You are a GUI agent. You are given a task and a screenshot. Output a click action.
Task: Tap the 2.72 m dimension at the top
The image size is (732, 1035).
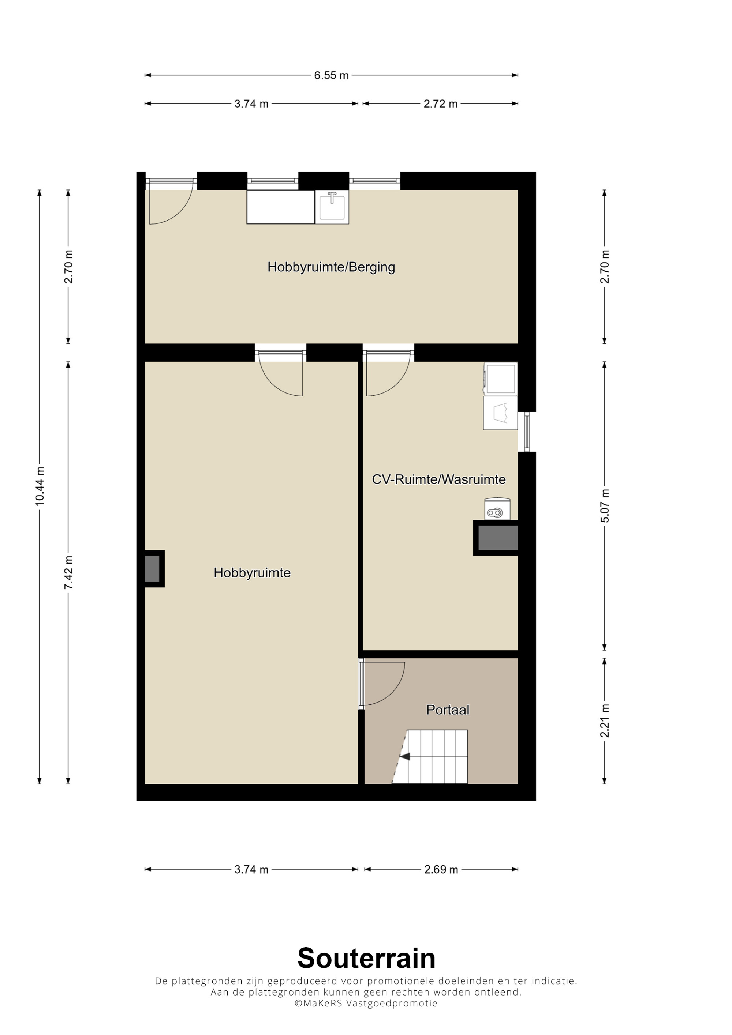(440, 103)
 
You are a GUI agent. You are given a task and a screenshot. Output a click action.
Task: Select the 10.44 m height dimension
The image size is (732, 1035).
(40, 486)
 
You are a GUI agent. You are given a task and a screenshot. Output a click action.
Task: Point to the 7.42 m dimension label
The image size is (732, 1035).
(68, 572)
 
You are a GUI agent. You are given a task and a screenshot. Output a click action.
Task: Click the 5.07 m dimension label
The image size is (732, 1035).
(604, 506)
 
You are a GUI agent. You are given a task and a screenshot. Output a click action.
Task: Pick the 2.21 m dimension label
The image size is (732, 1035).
(604, 720)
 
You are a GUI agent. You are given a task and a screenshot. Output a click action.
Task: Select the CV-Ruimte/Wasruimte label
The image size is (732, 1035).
(438, 479)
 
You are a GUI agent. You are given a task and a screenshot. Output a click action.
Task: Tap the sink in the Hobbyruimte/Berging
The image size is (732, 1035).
(332, 207)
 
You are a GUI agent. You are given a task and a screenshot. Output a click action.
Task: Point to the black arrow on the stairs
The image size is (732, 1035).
(405, 757)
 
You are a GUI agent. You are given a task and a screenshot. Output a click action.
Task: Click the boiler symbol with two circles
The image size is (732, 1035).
(497, 509)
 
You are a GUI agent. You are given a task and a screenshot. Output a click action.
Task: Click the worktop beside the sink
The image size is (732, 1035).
(280, 207)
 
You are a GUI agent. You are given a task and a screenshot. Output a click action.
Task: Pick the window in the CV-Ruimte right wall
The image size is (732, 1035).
(526, 432)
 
